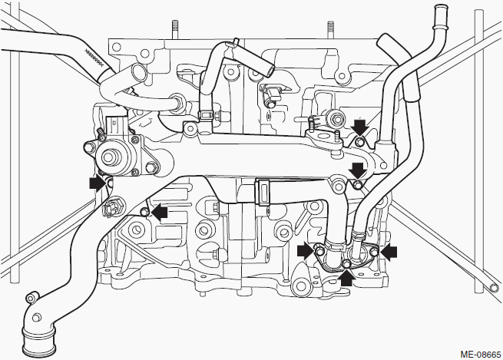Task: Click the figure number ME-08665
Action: (x=480, y=355)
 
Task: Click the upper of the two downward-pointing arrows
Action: (x=359, y=127)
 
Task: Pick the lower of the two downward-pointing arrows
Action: (x=358, y=170)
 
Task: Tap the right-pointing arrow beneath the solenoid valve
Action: (x=98, y=183)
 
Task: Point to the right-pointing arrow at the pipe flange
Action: (x=305, y=250)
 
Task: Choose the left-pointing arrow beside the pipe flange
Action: (x=389, y=252)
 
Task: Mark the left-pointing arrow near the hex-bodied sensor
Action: (x=160, y=211)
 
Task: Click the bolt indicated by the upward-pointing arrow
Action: (x=346, y=264)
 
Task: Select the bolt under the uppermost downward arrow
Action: (x=360, y=141)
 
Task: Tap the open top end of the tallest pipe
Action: (x=440, y=8)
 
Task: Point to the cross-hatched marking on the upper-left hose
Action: (x=94, y=57)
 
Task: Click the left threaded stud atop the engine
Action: (x=174, y=29)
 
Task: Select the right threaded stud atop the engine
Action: (x=330, y=30)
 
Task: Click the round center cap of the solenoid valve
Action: (x=110, y=157)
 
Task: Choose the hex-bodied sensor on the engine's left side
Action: (x=110, y=210)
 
